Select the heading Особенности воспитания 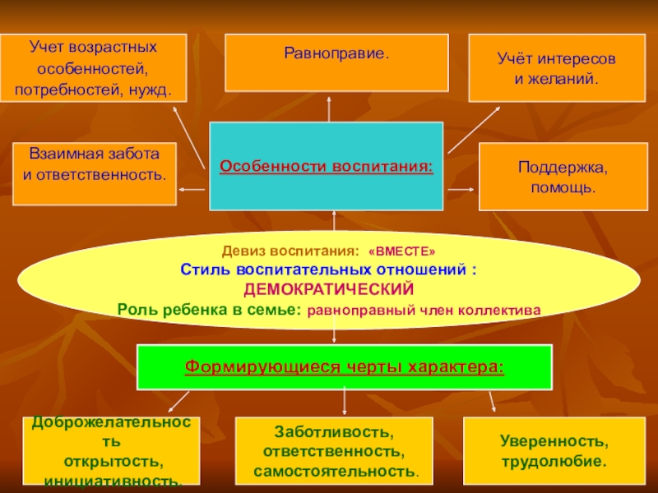tap(327, 167)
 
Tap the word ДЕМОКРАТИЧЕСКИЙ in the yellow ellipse tap(328, 290)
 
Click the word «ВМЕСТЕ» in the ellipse tap(402, 250)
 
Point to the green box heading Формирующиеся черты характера tap(344, 366)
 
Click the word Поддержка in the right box tap(563, 168)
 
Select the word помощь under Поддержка tap(562, 188)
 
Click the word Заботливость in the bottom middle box tap(333, 432)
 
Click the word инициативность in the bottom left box tap(114, 479)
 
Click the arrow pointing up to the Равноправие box tap(330, 107)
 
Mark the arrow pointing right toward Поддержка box tap(462, 189)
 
